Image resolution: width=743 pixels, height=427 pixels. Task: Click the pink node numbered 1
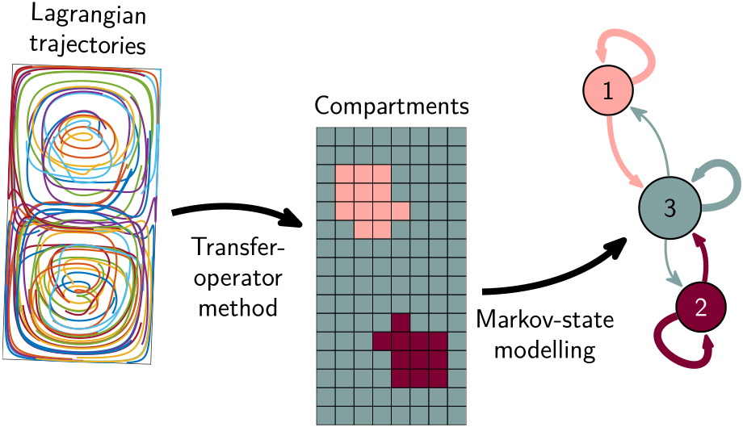pyautogui.click(x=608, y=90)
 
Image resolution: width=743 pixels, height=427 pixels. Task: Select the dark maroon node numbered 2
pyautogui.click(x=700, y=308)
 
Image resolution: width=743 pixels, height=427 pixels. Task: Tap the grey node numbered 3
pyautogui.click(x=670, y=207)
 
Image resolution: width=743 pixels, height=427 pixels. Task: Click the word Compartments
pyautogui.click(x=392, y=107)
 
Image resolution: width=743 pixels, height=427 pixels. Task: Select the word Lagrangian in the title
pyautogui.click(x=88, y=16)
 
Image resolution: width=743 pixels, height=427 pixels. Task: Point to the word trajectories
pyautogui.click(x=88, y=46)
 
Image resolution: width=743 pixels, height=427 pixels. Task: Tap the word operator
pyautogui.click(x=238, y=278)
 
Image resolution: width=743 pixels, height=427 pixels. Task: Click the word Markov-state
pyautogui.click(x=545, y=320)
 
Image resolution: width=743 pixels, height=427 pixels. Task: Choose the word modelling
pyautogui.click(x=545, y=351)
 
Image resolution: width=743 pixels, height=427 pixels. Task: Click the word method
pyautogui.click(x=238, y=308)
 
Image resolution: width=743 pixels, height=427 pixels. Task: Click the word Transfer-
pyautogui.click(x=239, y=247)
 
